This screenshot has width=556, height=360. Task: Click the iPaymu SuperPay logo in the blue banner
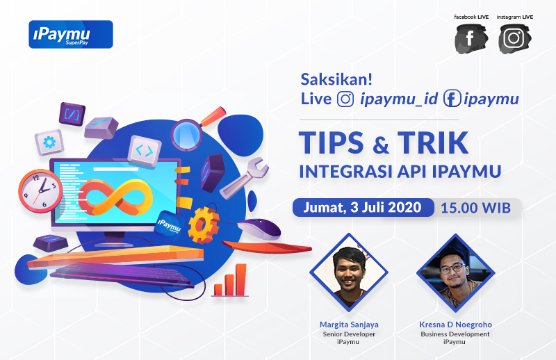click(71, 35)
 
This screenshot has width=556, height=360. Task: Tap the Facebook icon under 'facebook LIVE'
click(471, 39)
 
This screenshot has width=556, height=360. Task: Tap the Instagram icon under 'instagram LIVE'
click(514, 39)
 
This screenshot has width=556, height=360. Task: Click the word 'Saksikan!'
click(336, 79)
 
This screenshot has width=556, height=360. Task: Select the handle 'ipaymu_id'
click(399, 99)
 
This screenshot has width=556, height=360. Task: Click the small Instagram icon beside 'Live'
click(345, 99)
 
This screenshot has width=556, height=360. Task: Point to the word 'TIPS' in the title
click(332, 142)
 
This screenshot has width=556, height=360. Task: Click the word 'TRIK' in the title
click(433, 142)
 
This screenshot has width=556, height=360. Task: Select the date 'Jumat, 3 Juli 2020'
click(362, 208)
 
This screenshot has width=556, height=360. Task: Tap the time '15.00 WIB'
click(475, 208)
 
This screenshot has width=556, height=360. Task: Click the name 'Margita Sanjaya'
click(349, 325)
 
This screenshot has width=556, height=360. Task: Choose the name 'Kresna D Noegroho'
click(456, 325)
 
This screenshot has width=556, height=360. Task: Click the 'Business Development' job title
click(455, 334)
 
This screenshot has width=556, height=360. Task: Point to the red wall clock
click(40, 191)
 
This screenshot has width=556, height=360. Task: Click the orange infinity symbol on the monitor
click(115, 197)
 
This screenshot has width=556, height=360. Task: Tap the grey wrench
click(245, 178)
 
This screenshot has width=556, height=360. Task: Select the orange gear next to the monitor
click(203, 225)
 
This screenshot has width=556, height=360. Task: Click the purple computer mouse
click(259, 229)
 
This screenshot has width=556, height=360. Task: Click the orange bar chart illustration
click(230, 280)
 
